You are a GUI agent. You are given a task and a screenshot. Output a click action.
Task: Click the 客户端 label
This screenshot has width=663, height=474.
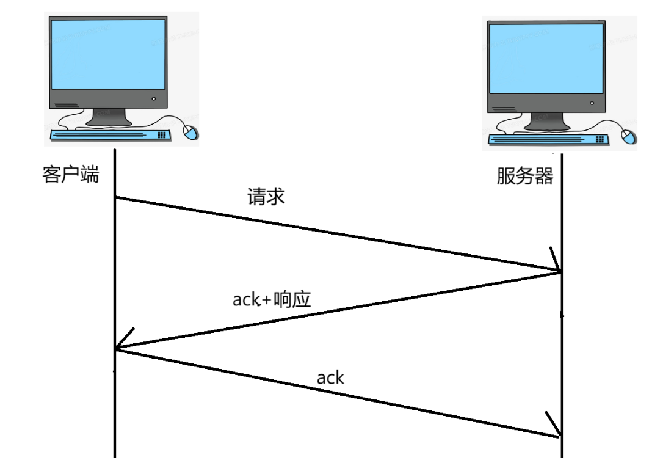[x=71, y=176]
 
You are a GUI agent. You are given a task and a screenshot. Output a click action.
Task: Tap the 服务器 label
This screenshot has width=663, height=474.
[x=525, y=177]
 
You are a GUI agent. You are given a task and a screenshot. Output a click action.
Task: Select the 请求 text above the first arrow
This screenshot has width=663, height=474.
[x=266, y=197]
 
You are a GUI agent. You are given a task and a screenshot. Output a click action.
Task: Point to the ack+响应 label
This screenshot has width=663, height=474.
[x=272, y=299]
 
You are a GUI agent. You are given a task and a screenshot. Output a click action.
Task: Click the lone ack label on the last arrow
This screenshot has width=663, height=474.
[x=330, y=377]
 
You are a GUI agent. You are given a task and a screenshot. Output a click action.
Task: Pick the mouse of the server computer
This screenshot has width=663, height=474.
[x=629, y=136]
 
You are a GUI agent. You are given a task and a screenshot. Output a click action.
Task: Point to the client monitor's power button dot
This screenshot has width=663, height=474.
[x=154, y=99]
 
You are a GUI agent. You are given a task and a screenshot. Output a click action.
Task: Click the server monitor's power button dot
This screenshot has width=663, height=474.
[x=592, y=103]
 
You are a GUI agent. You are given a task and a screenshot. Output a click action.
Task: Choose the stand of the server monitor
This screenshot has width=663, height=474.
[x=548, y=122]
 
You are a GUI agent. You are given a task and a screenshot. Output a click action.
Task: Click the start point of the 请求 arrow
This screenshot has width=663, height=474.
[x=115, y=197]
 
